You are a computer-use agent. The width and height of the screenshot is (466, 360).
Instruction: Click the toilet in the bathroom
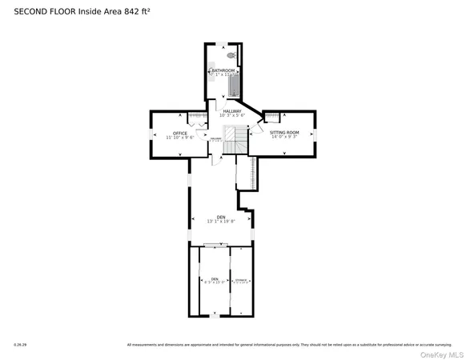pyautogui.click(x=231, y=56)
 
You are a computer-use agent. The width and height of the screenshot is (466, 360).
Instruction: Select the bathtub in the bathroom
pyautogui.click(x=233, y=83)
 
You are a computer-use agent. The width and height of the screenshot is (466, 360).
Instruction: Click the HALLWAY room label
pyautogui.click(x=232, y=111)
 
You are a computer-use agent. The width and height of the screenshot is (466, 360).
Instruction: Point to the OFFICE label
pyautogui.click(x=180, y=133)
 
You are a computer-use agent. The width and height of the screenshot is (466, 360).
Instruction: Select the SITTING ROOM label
pyautogui.click(x=283, y=131)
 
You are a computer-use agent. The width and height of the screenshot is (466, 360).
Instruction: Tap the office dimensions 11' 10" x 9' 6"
pyautogui.click(x=180, y=138)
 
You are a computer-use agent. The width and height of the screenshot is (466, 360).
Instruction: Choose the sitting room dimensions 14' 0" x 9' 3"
pyautogui.click(x=283, y=136)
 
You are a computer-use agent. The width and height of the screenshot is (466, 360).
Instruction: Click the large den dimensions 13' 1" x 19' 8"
pyautogui.click(x=221, y=222)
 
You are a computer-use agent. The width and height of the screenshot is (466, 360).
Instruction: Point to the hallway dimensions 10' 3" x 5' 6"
pyautogui.click(x=232, y=116)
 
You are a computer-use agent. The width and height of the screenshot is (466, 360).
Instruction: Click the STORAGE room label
pyautogui.click(x=241, y=279)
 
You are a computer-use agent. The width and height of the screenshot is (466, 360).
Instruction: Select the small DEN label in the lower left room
pyautogui.click(x=214, y=278)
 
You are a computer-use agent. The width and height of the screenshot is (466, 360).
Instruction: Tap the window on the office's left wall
pyautogui.click(x=151, y=134)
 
